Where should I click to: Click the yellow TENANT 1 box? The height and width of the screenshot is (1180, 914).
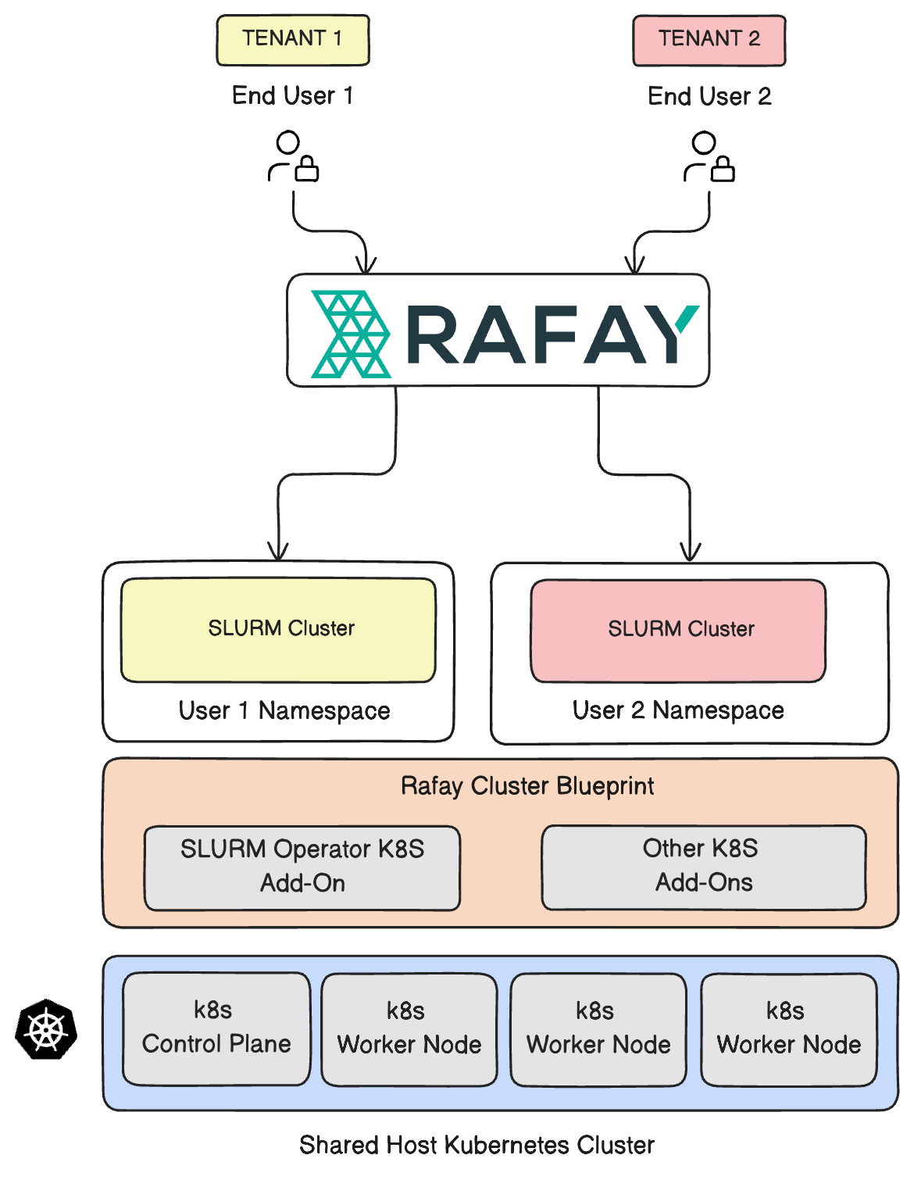tap(292, 39)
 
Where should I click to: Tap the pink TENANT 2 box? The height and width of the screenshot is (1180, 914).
tap(709, 39)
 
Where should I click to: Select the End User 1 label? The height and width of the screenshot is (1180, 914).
tap(292, 95)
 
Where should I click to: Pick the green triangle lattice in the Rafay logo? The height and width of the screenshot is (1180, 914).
tap(351, 334)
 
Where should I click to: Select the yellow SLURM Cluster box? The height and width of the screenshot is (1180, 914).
tap(278, 629)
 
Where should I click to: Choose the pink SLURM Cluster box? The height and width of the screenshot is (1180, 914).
tap(678, 630)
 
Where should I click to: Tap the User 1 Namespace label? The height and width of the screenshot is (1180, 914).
tap(284, 710)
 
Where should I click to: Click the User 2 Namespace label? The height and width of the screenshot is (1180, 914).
tap(678, 710)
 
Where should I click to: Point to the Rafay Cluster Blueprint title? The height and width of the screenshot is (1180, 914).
tap(527, 785)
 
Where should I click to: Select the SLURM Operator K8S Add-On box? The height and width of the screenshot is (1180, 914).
tap(302, 867)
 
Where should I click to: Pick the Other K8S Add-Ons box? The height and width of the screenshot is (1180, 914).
tap(703, 866)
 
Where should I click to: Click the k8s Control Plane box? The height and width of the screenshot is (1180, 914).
tap(216, 1028)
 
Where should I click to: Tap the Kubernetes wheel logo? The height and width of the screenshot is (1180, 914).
tap(46, 1029)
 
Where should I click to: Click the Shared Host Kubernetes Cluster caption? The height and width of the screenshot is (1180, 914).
tap(477, 1145)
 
